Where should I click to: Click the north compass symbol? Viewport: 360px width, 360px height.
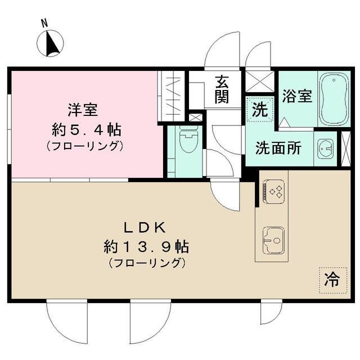tap(51, 43)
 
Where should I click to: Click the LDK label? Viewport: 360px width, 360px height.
tap(144, 227)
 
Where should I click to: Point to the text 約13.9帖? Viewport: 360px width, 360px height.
tap(146, 246)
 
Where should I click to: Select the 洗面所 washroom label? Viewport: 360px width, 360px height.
tap(278, 148)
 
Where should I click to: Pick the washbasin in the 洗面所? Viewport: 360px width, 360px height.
tap(325, 148)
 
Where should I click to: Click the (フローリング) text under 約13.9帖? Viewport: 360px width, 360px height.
tap(146, 263)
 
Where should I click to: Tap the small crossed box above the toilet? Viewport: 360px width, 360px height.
tap(195, 118)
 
